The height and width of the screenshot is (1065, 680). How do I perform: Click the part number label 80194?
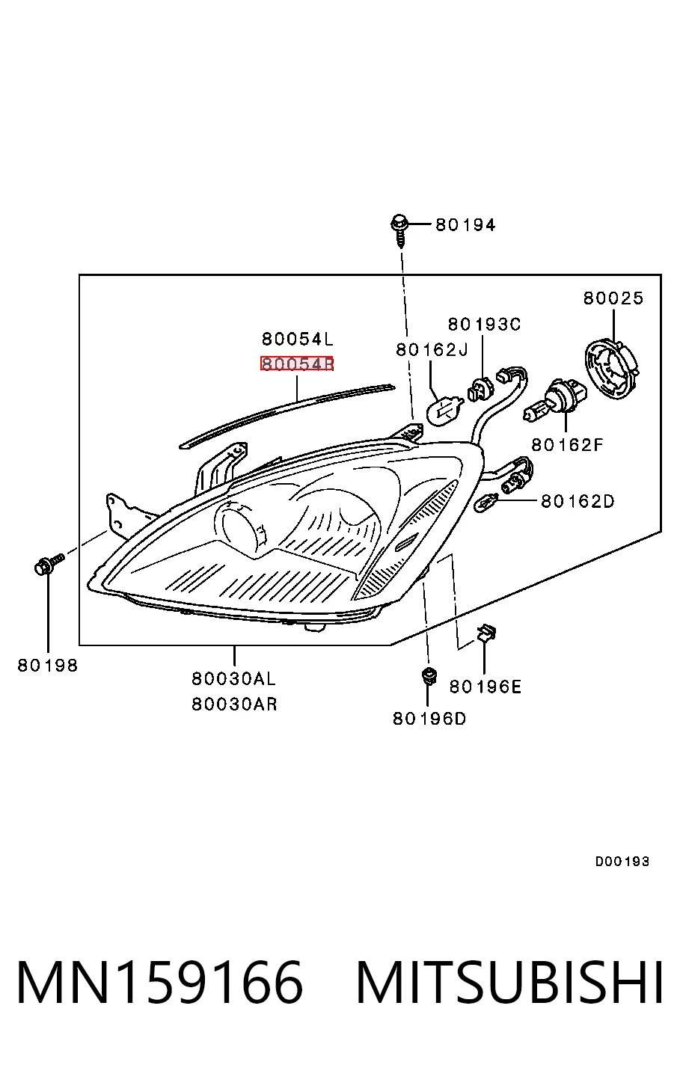coord(465,224)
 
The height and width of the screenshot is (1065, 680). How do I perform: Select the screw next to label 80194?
coord(399,230)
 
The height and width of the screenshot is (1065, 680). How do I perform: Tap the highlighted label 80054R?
coord(297,363)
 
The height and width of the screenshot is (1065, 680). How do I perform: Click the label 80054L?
coord(298,339)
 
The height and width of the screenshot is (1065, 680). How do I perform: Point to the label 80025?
coord(613,298)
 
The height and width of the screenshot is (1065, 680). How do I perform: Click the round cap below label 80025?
coord(612,365)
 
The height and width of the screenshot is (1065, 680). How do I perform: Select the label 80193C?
coord(484,325)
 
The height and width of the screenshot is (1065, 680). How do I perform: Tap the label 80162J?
coord(432,350)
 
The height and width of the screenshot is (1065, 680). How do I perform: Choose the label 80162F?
coord(567,445)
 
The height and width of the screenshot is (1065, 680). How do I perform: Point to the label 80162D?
coord(578,501)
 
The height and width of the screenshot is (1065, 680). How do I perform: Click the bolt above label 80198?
coord(49,564)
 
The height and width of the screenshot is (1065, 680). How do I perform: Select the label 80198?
coord(48,666)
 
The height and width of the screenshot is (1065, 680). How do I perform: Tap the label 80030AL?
coord(233,678)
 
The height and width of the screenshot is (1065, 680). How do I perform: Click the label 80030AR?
coord(234,704)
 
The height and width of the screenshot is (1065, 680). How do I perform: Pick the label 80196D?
coord(429,719)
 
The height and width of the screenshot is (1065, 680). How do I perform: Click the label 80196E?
coord(485,687)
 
